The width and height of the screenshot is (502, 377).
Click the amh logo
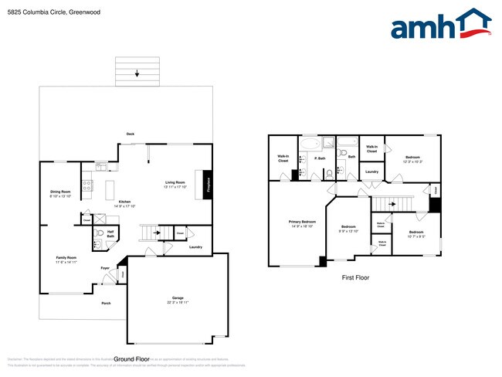click(x=441, y=25)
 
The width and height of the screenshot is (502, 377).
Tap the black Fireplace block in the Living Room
click(x=207, y=185)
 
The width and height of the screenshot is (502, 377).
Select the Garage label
click(x=178, y=297)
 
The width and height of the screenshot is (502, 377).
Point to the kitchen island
click(x=109, y=189)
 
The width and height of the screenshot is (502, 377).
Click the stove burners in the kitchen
click(x=88, y=186)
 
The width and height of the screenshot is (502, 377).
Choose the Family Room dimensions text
click(x=67, y=263)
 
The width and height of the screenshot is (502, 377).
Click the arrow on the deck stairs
click(x=137, y=74)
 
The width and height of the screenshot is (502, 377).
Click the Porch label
click(x=106, y=303)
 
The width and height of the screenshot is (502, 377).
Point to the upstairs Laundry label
click(x=371, y=172)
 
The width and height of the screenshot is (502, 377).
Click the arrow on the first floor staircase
click(x=392, y=204)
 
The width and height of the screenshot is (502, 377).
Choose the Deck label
click(x=131, y=134)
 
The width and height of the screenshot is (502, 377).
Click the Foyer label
click(x=105, y=268)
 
